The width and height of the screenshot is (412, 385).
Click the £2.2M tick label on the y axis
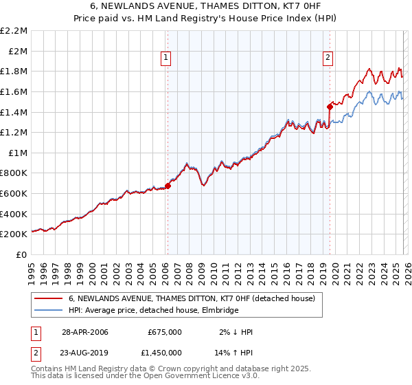(x=14, y=31)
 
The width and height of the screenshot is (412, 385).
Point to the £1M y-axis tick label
(x=17, y=153)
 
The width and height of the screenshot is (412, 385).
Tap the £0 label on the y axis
(x=22, y=254)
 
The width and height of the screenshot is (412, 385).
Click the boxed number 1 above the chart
(x=167, y=58)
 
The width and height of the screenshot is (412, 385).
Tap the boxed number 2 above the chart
(x=328, y=58)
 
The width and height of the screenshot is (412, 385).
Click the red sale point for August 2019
(x=330, y=106)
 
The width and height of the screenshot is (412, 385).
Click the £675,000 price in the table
(x=165, y=332)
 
